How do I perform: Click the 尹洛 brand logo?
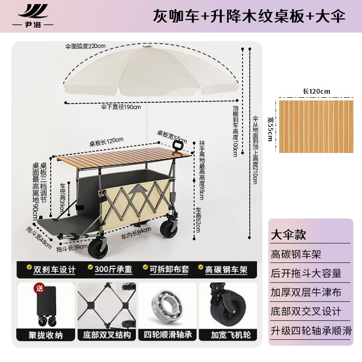tap(32, 16)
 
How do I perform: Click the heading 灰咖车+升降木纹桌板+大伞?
tap(250, 16)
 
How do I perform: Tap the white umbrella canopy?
tap(145, 72)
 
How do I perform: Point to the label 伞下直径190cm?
tap(121, 108)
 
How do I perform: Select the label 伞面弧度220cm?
tap(85, 46)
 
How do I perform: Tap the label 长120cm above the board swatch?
tap(316, 91)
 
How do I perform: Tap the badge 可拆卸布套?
tap(166, 269)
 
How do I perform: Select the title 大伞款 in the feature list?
tap(288, 235)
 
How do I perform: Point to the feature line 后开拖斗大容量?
tap(306, 273)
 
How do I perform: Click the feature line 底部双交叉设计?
tap(306, 311)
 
